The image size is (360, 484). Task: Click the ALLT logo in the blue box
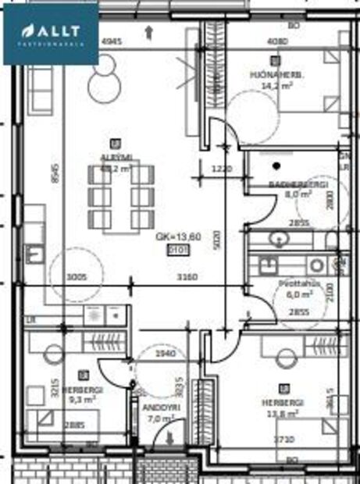coord(50,31)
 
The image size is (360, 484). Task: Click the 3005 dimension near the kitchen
coord(75,276)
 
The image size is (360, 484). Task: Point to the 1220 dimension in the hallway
coord(223,169)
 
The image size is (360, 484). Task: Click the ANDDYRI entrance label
coord(157,407)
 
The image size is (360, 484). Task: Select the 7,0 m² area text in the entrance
coord(161,419)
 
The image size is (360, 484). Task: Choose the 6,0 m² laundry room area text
coord(296,295)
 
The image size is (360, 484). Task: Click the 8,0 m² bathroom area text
coord(298,194)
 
